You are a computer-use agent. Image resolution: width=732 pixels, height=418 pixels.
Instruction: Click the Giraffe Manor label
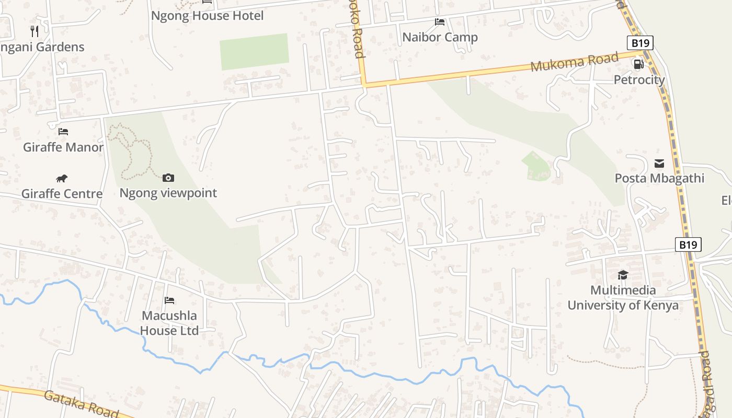pyautogui.click(x=63, y=147)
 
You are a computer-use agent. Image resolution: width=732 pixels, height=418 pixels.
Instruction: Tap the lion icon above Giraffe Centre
pyautogui.click(x=62, y=179)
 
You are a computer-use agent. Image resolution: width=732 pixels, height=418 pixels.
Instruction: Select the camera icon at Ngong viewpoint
pyautogui.click(x=168, y=178)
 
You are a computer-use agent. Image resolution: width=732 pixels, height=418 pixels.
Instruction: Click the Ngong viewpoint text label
pyautogui.click(x=168, y=193)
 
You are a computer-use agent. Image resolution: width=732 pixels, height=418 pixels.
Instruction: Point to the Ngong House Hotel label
pyautogui.click(x=207, y=16)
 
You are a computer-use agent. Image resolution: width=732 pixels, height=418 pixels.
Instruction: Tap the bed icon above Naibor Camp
pyautogui.click(x=440, y=22)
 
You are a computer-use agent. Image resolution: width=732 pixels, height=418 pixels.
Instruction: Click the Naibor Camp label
pyautogui.click(x=440, y=37)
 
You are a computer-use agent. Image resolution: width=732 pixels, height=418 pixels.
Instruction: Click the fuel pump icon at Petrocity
pyautogui.click(x=638, y=64)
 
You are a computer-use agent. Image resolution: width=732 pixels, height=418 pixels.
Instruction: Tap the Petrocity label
pyautogui.click(x=639, y=80)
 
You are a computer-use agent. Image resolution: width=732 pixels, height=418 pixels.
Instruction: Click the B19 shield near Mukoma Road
pyautogui.click(x=640, y=43)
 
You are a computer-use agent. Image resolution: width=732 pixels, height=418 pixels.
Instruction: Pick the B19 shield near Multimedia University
pyautogui.click(x=688, y=245)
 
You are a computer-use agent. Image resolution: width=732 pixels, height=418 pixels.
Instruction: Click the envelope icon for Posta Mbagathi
pyautogui.click(x=659, y=164)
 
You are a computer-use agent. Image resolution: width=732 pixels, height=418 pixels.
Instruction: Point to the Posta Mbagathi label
pyautogui.click(x=659, y=178)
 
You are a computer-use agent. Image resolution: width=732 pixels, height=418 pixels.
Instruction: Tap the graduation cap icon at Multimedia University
pyautogui.click(x=623, y=275)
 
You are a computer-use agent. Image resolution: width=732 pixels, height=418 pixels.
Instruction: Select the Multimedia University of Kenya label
pyautogui.click(x=623, y=298)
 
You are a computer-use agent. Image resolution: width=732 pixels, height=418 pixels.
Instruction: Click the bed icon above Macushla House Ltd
pyautogui.click(x=169, y=300)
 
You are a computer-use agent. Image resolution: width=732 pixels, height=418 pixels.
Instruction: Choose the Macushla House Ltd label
pyautogui.click(x=169, y=323)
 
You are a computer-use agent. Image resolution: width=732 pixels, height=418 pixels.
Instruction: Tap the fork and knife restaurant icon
pyautogui.click(x=35, y=31)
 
